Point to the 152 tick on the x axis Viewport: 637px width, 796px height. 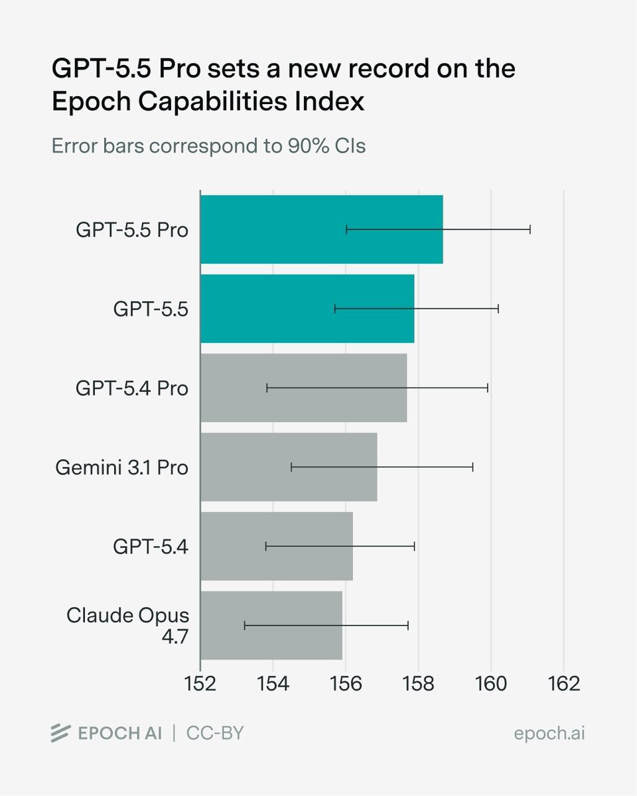tap(200, 683)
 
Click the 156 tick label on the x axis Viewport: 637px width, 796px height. tap(346, 683)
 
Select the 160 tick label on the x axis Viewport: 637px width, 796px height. tap(491, 683)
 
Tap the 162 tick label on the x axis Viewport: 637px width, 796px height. tap(563, 683)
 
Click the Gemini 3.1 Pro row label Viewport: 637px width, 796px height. tap(121, 467)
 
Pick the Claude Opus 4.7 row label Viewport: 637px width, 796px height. tap(127, 625)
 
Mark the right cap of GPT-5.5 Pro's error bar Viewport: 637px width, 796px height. tap(530, 230)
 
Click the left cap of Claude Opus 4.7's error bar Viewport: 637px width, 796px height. tap(245, 625)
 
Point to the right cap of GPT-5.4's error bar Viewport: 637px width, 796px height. tap(415, 546)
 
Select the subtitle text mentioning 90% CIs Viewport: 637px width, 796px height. tap(208, 145)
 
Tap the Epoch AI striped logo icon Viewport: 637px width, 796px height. tap(60, 734)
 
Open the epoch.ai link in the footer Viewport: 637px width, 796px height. tap(549, 734)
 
